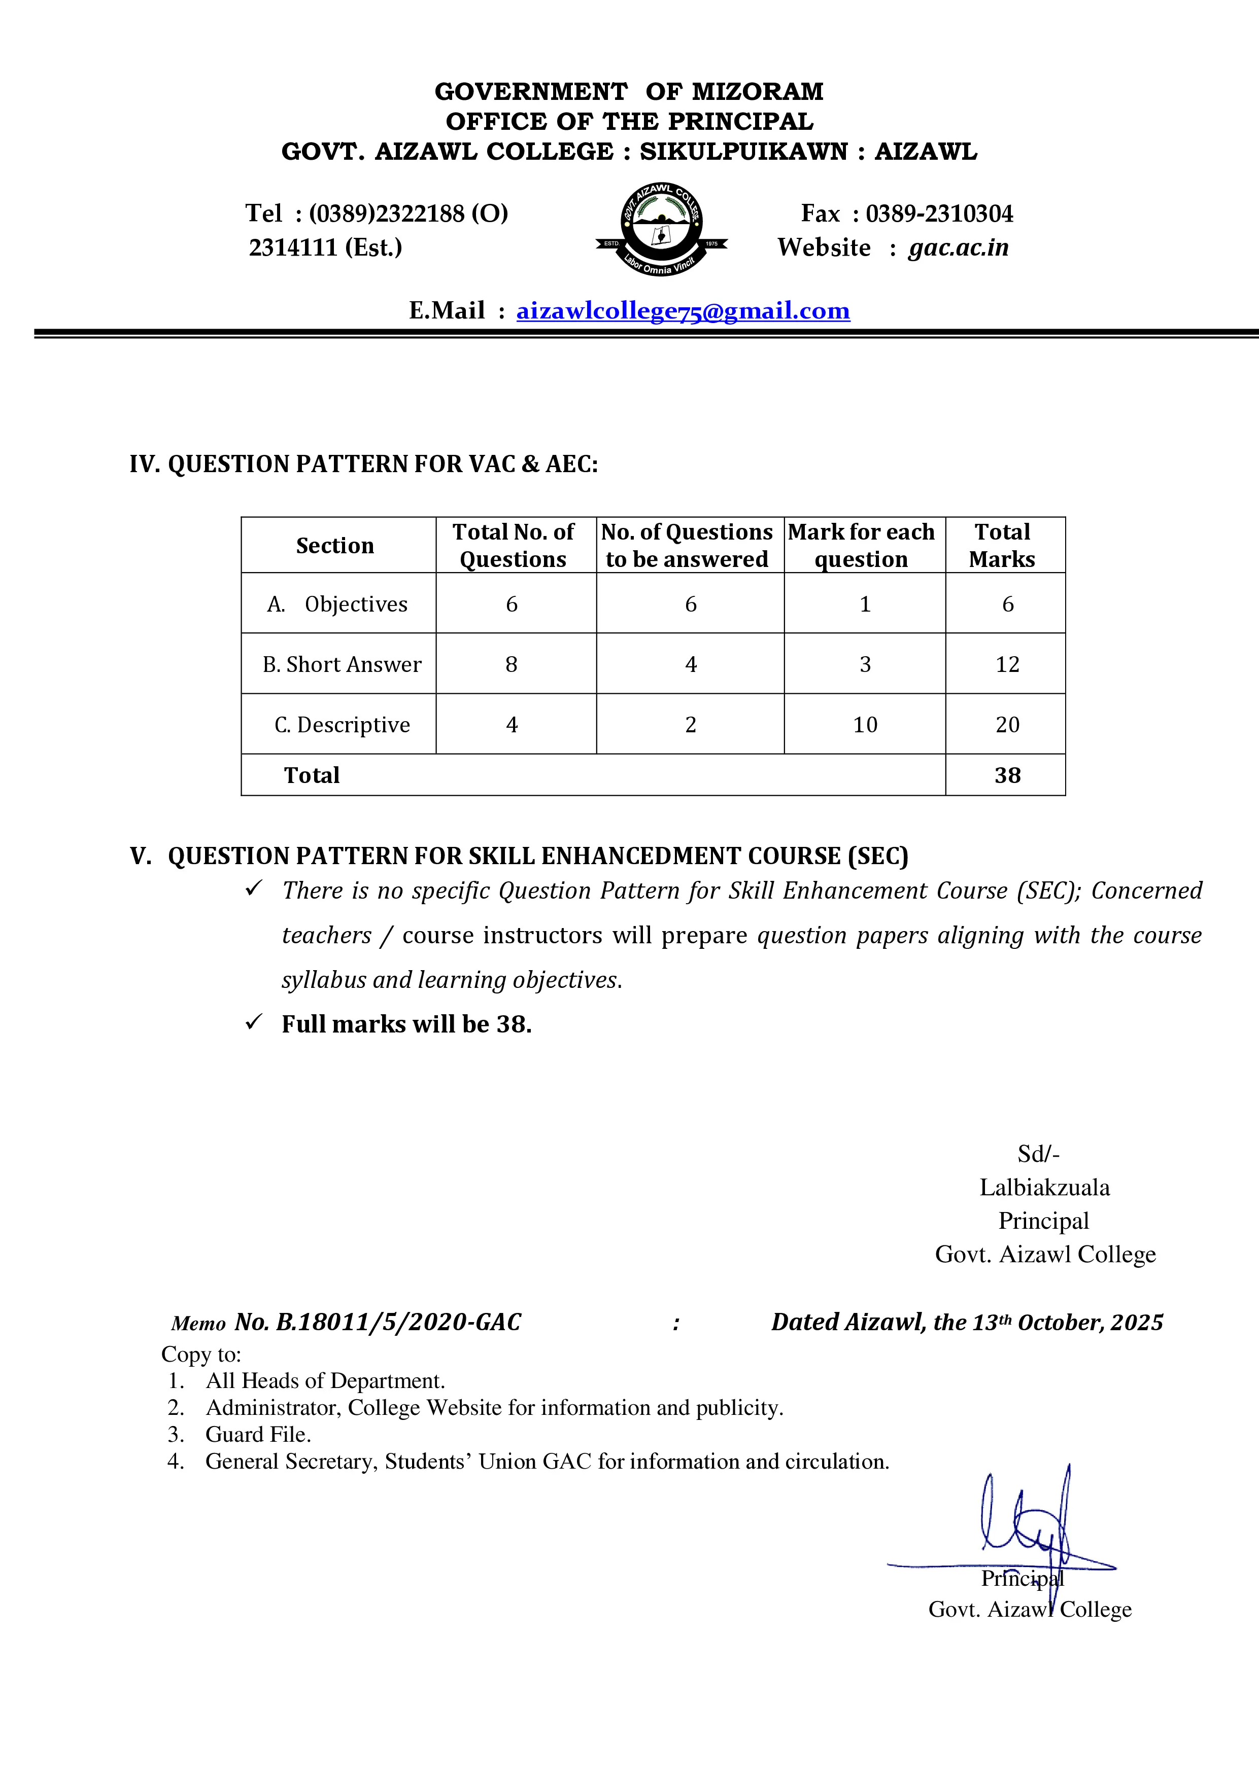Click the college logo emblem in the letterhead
661,229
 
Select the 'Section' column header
335,546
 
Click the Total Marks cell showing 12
1007,664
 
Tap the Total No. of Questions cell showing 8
512,664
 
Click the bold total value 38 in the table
1007,775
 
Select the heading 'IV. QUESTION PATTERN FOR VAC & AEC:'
363,464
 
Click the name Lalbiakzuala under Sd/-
1044,1187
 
